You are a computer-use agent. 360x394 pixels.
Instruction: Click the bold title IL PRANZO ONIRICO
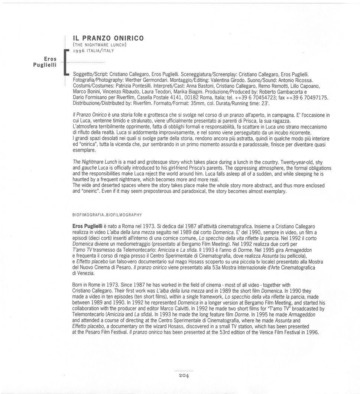point(108,38)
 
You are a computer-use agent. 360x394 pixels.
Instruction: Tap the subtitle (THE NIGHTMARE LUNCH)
point(100,45)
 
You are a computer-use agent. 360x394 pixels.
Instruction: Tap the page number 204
point(184,376)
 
